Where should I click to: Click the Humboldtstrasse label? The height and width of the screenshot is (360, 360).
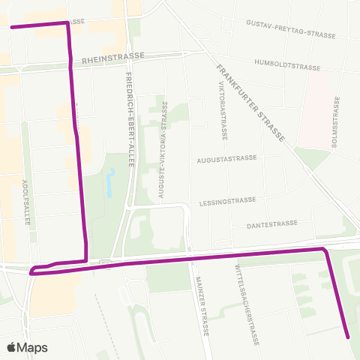(288, 65)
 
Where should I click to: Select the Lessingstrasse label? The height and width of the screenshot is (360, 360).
(228, 201)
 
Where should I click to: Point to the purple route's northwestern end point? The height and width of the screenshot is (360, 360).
(12, 26)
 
